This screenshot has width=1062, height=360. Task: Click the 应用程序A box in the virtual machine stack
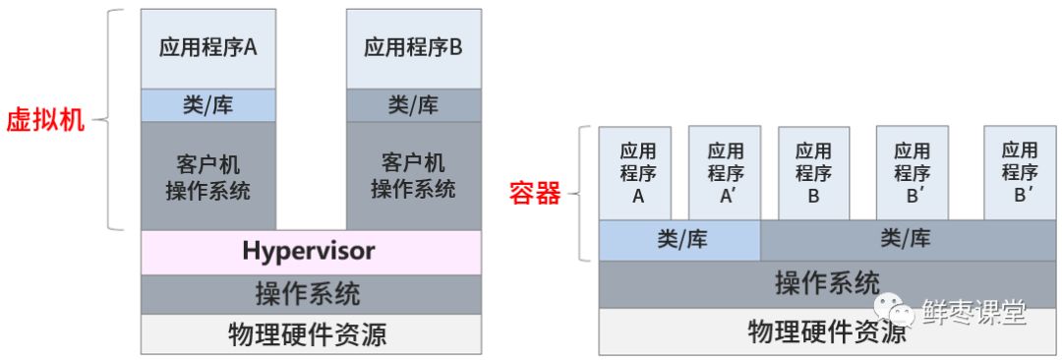(x=208, y=47)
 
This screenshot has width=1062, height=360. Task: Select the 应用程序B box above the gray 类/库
(x=414, y=47)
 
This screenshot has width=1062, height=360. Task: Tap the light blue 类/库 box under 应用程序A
(x=208, y=105)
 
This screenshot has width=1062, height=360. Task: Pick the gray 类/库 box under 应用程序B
(x=414, y=105)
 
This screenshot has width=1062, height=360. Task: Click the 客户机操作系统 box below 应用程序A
(x=208, y=175)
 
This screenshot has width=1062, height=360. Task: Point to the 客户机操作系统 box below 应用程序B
(x=414, y=175)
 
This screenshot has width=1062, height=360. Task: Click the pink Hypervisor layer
(x=311, y=252)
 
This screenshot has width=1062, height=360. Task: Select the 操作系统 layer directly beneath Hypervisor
(x=311, y=293)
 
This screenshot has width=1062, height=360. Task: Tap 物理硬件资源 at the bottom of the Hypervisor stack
(x=311, y=334)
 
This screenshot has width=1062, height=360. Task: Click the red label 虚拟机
(x=47, y=122)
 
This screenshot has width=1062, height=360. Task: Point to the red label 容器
(x=534, y=193)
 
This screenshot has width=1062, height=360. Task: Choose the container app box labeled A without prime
(x=636, y=172)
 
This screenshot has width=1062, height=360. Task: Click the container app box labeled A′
(x=725, y=172)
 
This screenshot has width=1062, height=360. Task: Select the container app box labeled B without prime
(x=813, y=172)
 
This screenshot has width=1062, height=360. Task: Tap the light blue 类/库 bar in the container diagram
(x=679, y=239)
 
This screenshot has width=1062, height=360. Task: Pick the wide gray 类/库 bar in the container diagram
(x=905, y=239)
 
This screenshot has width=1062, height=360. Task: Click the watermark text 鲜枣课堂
(x=973, y=313)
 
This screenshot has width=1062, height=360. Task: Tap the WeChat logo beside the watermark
(x=898, y=312)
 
